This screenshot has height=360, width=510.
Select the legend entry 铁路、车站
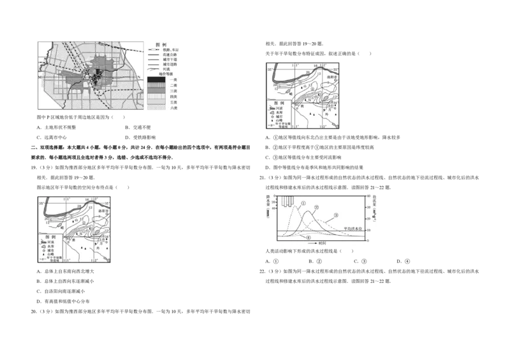(x=171, y=50)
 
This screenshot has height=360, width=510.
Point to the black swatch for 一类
(x=155, y=80)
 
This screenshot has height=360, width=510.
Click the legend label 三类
(x=173, y=92)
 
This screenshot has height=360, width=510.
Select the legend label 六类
(x=173, y=108)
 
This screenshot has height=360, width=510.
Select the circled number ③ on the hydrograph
(x=335, y=216)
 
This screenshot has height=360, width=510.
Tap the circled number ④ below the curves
(x=309, y=238)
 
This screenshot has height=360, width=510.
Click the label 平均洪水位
(x=353, y=228)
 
